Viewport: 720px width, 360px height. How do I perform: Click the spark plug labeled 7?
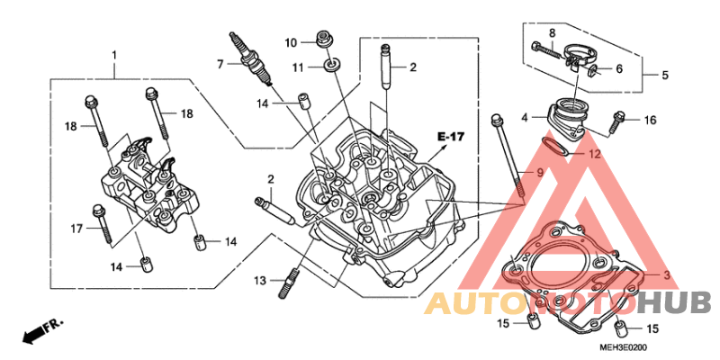click(x=252, y=58)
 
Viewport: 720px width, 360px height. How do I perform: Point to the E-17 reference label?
click(x=451, y=137)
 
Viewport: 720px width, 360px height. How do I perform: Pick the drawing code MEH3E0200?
click(x=621, y=347)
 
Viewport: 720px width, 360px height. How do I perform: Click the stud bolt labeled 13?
click(x=287, y=283)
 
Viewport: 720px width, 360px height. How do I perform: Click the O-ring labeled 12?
click(x=554, y=147)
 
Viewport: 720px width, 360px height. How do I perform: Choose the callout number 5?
click(x=665, y=75)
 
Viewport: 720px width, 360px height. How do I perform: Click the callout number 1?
click(x=114, y=56)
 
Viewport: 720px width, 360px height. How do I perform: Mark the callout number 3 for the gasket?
click(x=666, y=275)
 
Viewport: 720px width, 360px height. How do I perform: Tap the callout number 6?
click(x=619, y=69)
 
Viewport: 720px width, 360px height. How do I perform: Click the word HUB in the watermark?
click(x=675, y=303)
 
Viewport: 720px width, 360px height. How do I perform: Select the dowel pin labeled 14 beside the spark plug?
click(x=303, y=101)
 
